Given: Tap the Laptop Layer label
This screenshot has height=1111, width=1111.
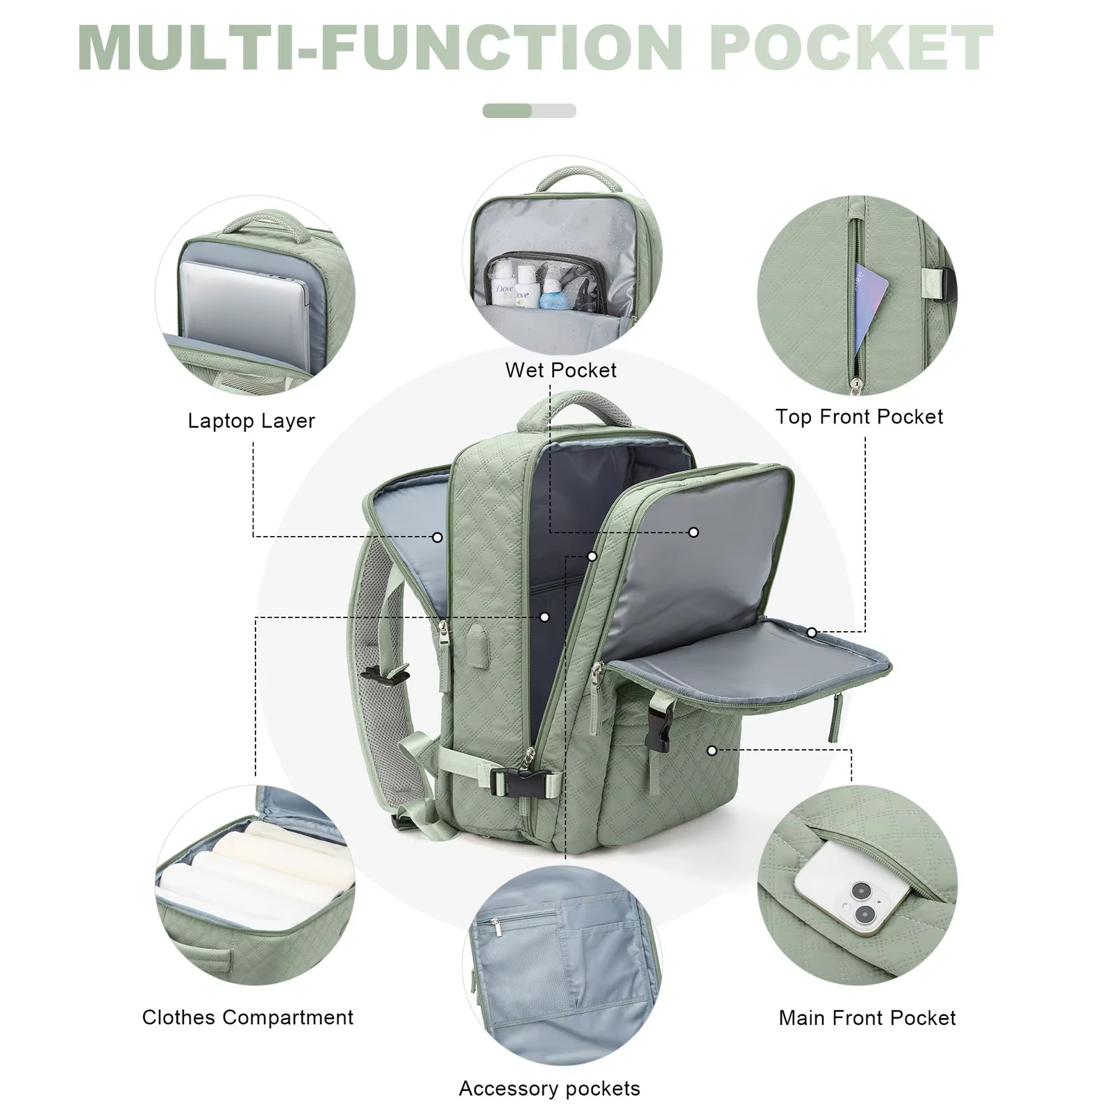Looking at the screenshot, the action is tap(251, 421).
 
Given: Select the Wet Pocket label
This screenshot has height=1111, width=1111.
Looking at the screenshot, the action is tap(560, 370).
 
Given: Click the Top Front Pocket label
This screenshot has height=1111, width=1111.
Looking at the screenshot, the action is tap(859, 417).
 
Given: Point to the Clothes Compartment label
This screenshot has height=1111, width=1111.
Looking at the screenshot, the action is tap(248, 1017).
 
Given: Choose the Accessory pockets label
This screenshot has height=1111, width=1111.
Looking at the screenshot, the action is tap(549, 1088).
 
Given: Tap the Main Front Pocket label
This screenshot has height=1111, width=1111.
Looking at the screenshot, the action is tap(867, 1018).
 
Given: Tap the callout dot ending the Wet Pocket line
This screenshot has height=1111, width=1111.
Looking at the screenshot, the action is tap(693, 532).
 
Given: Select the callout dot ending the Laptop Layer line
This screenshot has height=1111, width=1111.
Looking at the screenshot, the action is tap(437, 537).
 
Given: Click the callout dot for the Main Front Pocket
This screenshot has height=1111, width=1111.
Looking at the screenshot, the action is tap(712, 750).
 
